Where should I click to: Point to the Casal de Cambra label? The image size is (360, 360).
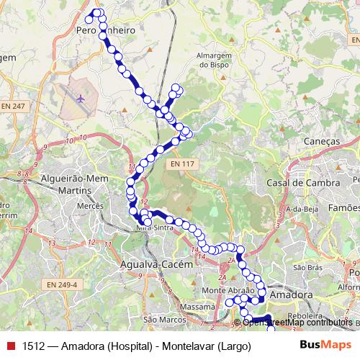click(302, 183)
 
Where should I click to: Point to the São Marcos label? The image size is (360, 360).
click(159, 319)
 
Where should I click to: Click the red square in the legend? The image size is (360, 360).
click(10, 346)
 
